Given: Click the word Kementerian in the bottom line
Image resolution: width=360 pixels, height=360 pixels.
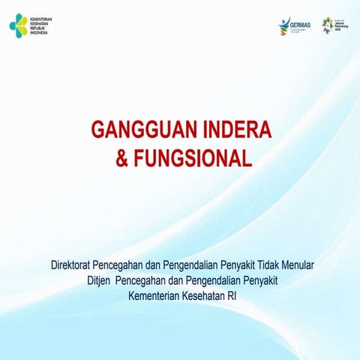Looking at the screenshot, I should [x=154, y=295].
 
